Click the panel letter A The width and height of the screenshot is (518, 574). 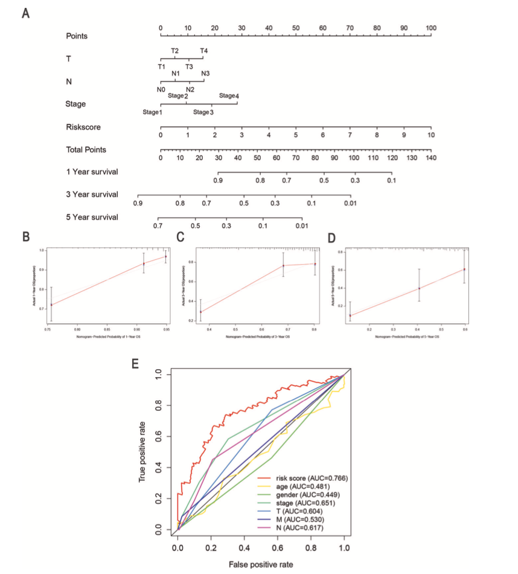coord(25,13)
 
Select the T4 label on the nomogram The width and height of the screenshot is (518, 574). coord(204,50)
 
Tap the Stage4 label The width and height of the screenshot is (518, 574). coord(229,96)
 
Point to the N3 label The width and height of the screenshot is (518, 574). coord(205,73)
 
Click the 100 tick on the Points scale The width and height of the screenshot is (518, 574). coord(430,28)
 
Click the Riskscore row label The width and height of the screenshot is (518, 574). coord(83,127)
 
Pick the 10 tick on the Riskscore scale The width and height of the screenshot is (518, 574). coord(430,135)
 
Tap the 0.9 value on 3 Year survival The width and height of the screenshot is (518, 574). coord(138,204)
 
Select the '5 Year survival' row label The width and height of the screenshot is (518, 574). coord(92,217)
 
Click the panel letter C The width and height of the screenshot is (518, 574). coord(180,237)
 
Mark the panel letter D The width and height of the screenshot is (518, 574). coord(331,237)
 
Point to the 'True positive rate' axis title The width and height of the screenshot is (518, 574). coord(142,451)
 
